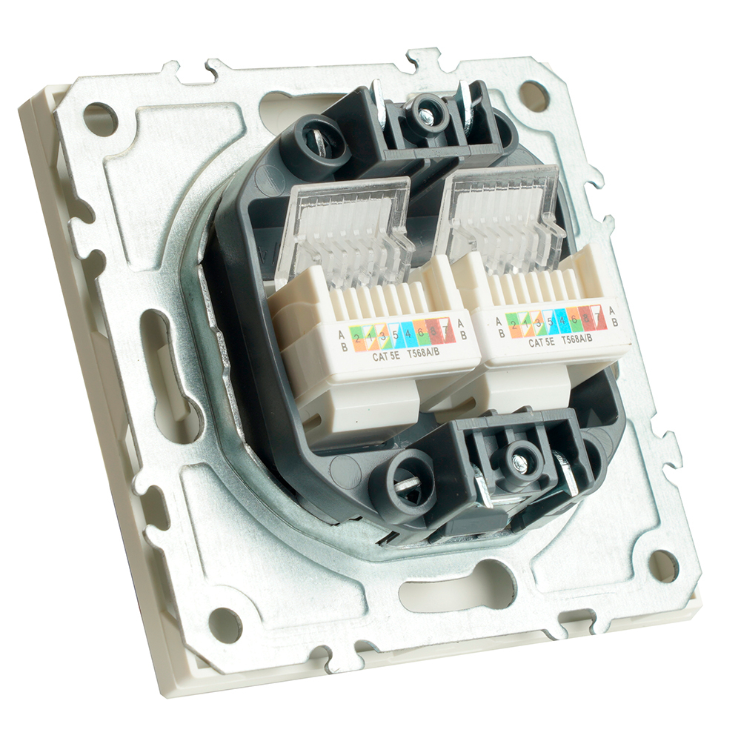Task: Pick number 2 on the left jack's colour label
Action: (x=357, y=339)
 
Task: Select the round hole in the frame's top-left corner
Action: (x=99, y=117)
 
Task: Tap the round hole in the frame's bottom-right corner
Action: (x=663, y=565)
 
